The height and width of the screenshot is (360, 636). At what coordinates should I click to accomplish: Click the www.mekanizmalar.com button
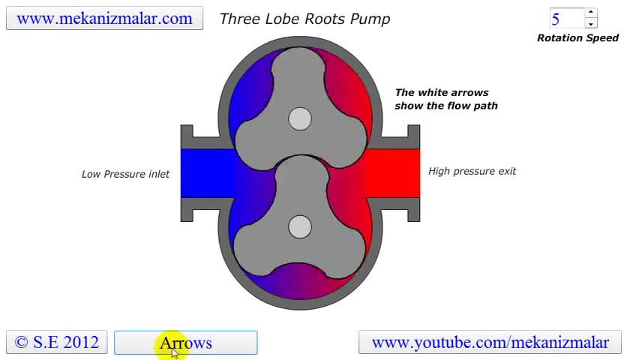pos(104,19)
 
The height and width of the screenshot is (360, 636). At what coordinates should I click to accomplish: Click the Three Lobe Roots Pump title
pos(304,19)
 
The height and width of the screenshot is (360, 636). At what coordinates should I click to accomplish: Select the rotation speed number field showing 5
pos(566,19)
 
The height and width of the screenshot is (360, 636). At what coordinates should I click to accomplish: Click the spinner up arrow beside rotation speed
pos(590,13)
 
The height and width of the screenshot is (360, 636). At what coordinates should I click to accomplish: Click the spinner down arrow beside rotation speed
pos(590,24)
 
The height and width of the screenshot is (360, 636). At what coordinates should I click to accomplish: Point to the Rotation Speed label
pos(577,38)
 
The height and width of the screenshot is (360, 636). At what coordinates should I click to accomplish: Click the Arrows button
pos(185,343)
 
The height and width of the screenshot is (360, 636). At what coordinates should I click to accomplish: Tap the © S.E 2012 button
pos(57,343)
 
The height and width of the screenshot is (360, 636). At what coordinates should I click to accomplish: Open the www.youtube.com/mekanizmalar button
pos(490,343)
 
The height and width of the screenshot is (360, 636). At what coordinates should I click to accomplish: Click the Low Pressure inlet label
pos(125,174)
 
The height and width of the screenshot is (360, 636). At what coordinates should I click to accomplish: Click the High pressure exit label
pos(472,171)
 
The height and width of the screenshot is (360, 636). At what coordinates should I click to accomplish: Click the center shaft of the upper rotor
pos(300,118)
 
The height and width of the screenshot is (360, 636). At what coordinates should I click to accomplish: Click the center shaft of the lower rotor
pos(300,226)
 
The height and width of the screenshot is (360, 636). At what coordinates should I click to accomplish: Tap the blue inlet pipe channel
pos(206,173)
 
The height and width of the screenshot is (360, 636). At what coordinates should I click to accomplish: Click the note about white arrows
pos(446,99)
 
